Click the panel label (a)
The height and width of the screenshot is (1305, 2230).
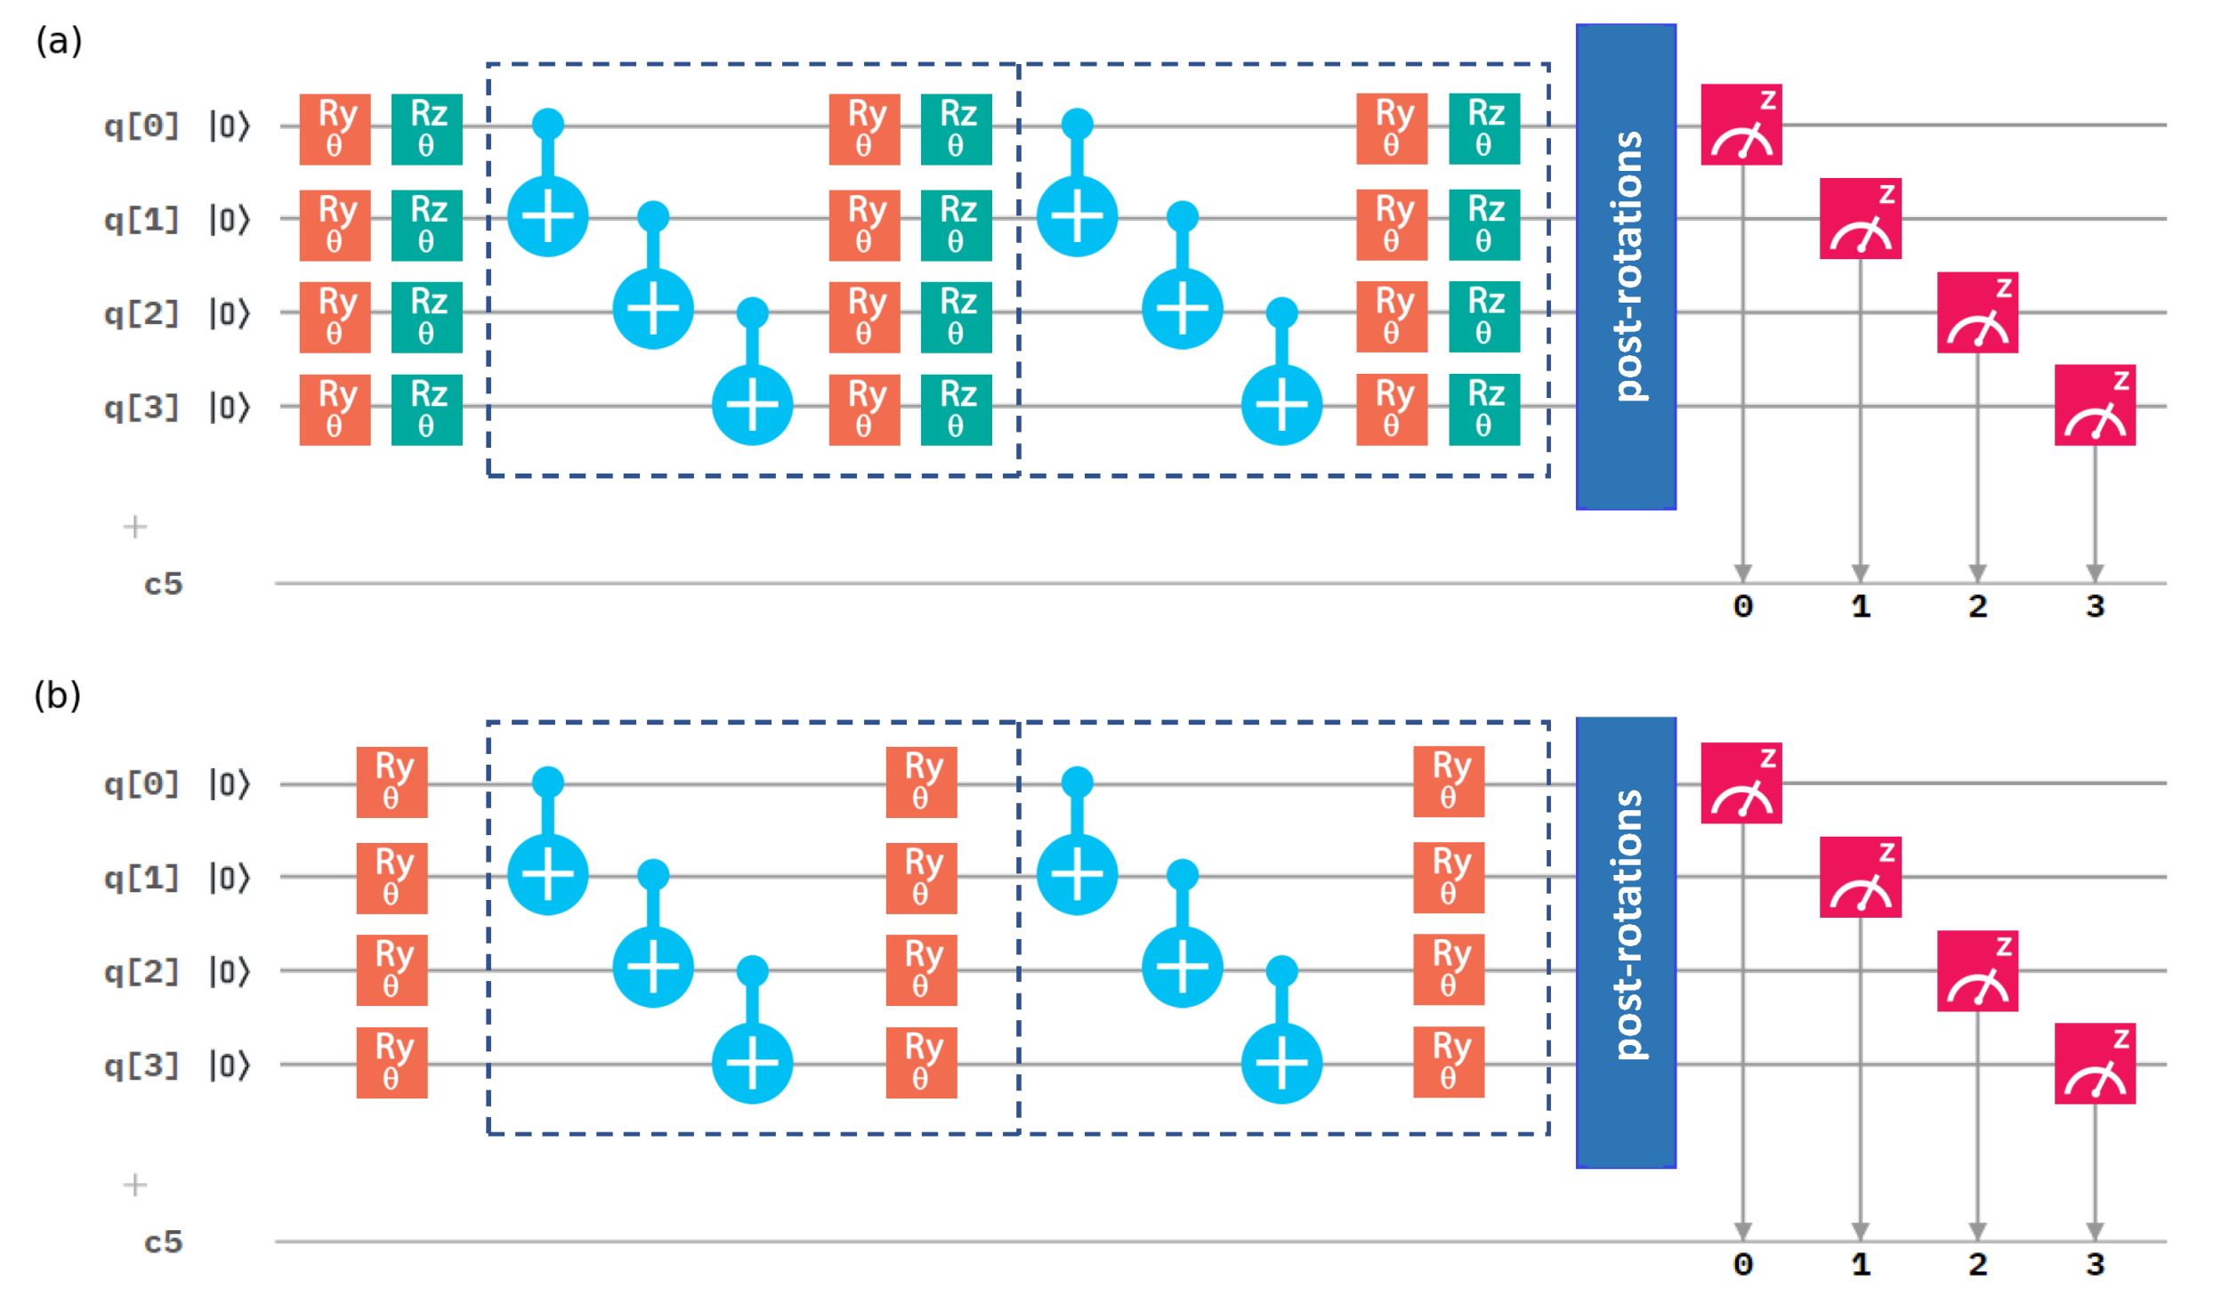59,41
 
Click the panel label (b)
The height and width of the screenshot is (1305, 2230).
58,695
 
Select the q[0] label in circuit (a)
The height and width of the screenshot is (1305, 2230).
141,126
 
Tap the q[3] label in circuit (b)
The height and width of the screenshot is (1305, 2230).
141,1065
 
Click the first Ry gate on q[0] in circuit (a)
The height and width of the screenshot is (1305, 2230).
335,129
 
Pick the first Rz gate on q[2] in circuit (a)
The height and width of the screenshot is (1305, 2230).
426,317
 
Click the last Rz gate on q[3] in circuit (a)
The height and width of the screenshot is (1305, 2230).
1483,409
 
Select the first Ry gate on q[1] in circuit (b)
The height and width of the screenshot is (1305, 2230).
392,878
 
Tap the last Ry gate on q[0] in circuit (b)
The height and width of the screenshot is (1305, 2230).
1449,782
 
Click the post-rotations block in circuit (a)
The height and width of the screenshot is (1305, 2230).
1626,267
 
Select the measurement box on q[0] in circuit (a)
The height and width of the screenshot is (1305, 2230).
1741,125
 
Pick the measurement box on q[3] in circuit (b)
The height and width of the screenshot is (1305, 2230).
2094,1064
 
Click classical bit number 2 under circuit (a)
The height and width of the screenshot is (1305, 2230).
1977,607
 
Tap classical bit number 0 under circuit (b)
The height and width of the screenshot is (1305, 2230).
1742,1264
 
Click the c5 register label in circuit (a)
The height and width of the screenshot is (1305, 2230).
163,585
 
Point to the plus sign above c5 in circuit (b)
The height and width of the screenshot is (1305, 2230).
134,1185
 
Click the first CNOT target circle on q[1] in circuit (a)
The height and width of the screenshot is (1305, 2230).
547,216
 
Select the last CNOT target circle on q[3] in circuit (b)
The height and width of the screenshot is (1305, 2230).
1281,1063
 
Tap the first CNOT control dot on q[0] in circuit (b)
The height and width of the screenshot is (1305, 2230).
547,782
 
